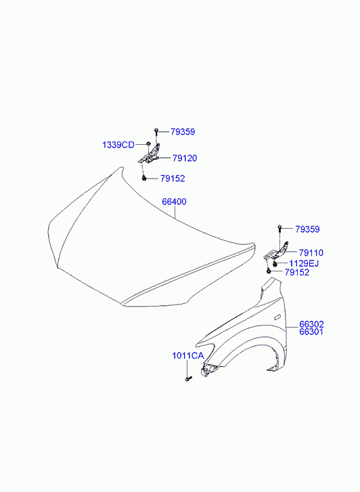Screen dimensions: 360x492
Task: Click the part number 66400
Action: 174,202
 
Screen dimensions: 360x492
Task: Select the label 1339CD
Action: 118,145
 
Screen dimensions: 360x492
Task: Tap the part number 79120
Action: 185,158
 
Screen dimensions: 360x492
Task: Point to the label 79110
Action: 311,252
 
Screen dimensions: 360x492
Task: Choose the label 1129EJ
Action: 304,263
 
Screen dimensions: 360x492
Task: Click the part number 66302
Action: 311,324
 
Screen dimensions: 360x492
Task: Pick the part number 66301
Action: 311,332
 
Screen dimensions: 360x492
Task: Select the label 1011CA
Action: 188,356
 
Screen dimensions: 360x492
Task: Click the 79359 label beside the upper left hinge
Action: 183,132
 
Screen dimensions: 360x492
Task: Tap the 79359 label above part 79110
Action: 307,229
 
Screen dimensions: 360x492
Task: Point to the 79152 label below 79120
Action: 173,179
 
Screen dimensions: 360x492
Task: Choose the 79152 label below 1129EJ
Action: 297,272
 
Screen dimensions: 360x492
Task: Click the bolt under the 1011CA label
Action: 188,379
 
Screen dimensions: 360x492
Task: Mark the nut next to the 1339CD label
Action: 148,144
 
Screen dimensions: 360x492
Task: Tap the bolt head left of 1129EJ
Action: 275,264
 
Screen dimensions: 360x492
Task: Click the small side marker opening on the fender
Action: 278,317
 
